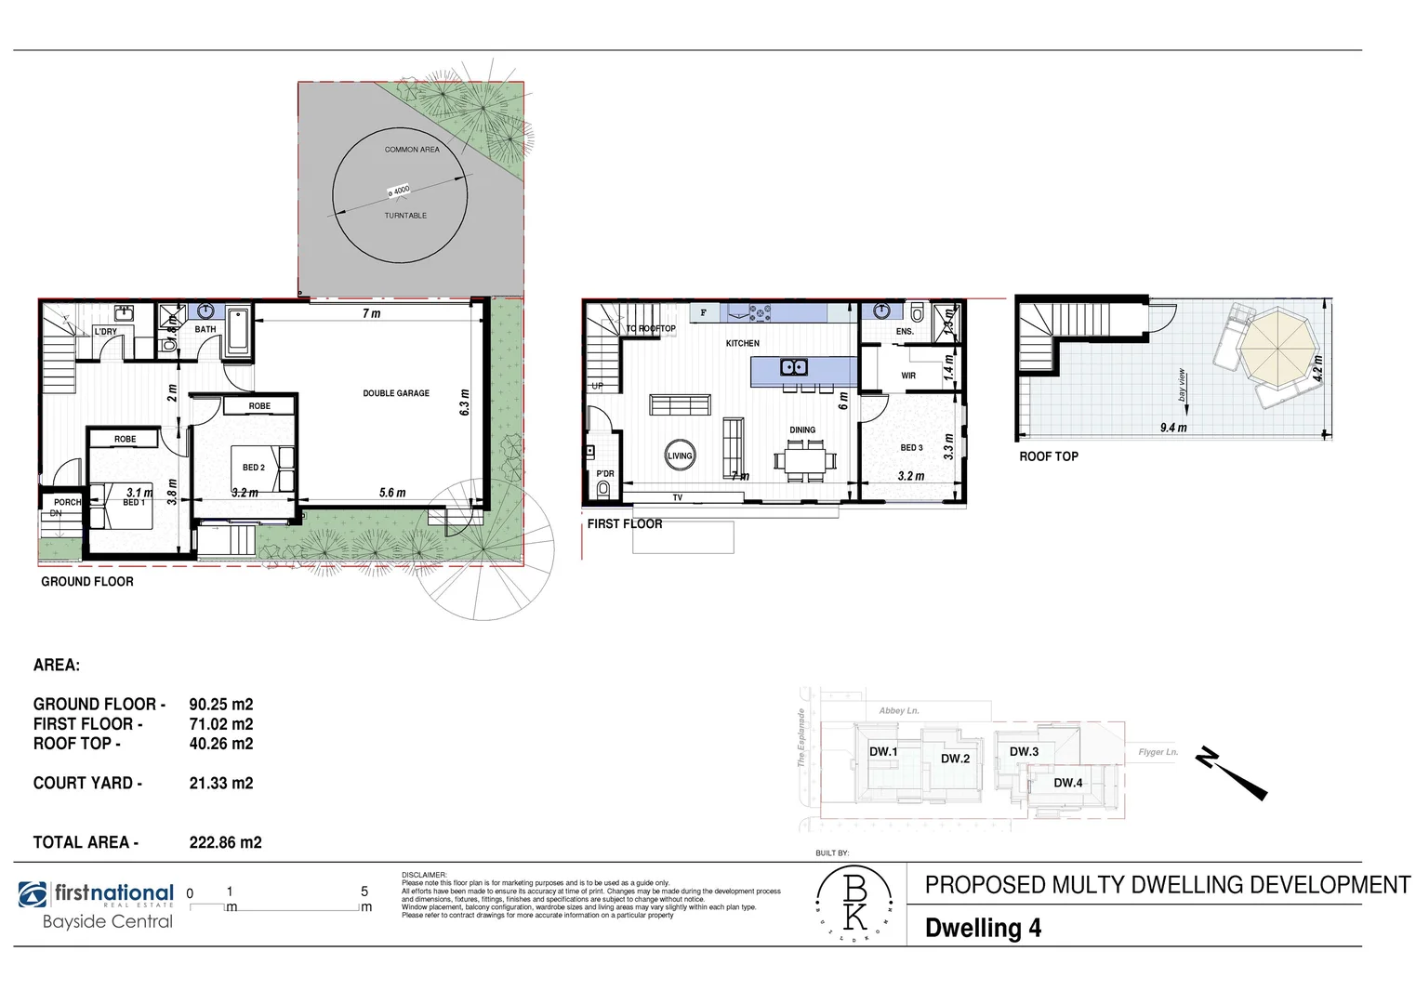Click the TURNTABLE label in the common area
[x=405, y=216]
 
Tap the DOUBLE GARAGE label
[x=396, y=393]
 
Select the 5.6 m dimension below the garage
[x=392, y=493]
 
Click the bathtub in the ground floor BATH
[x=238, y=330]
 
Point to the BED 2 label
[x=254, y=468]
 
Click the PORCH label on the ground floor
[x=67, y=502]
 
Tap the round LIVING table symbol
[x=680, y=456]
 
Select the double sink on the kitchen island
[x=793, y=367]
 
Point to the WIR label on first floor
[x=908, y=376]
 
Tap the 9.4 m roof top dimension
[x=1173, y=428]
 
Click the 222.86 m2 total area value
[x=225, y=842]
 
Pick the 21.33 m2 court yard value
[x=221, y=783]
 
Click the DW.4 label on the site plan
[x=1067, y=783]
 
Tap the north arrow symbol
[x=1232, y=773]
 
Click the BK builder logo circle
[x=854, y=903]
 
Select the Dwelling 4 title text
[x=983, y=928]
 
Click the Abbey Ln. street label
[x=898, y=710]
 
